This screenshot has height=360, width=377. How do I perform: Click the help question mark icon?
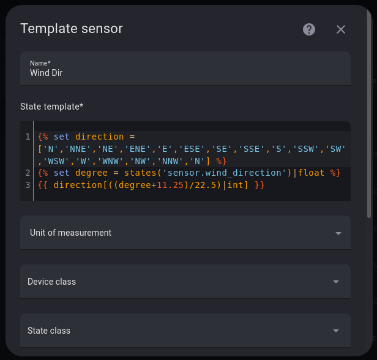click(x=309, y=29)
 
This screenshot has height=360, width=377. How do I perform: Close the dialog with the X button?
click(x=341, y=29)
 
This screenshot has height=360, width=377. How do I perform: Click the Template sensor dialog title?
click(x=72, y=29)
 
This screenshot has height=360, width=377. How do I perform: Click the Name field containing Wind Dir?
click(x=185, y=69)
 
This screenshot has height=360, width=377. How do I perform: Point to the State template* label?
click(x=51, y=107)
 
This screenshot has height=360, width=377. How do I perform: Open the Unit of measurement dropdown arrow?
click(x=338, y=233)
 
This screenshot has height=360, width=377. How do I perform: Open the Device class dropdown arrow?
click(x=336, y=282)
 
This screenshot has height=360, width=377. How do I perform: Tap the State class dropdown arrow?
click(x=336, y=331)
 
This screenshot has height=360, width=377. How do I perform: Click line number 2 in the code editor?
click(x=28, y=173)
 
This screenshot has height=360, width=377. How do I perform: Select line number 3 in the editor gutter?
click(x=28, y=185)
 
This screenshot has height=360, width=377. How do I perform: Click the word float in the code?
click(x=311, y=173)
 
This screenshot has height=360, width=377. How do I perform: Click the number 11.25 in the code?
click(x=170, y=185)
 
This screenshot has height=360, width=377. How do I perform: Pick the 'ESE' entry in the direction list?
click(x=192, y=149)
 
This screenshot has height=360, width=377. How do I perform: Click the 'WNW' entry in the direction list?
click(x=111, y=161)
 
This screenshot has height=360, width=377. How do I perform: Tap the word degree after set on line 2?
click(x=91, y=173)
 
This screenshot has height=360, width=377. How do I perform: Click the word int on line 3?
click(x=235, y=185)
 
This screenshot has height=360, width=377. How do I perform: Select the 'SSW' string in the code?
click(x=306, y=149)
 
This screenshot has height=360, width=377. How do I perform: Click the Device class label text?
click(x=51, y=282)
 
